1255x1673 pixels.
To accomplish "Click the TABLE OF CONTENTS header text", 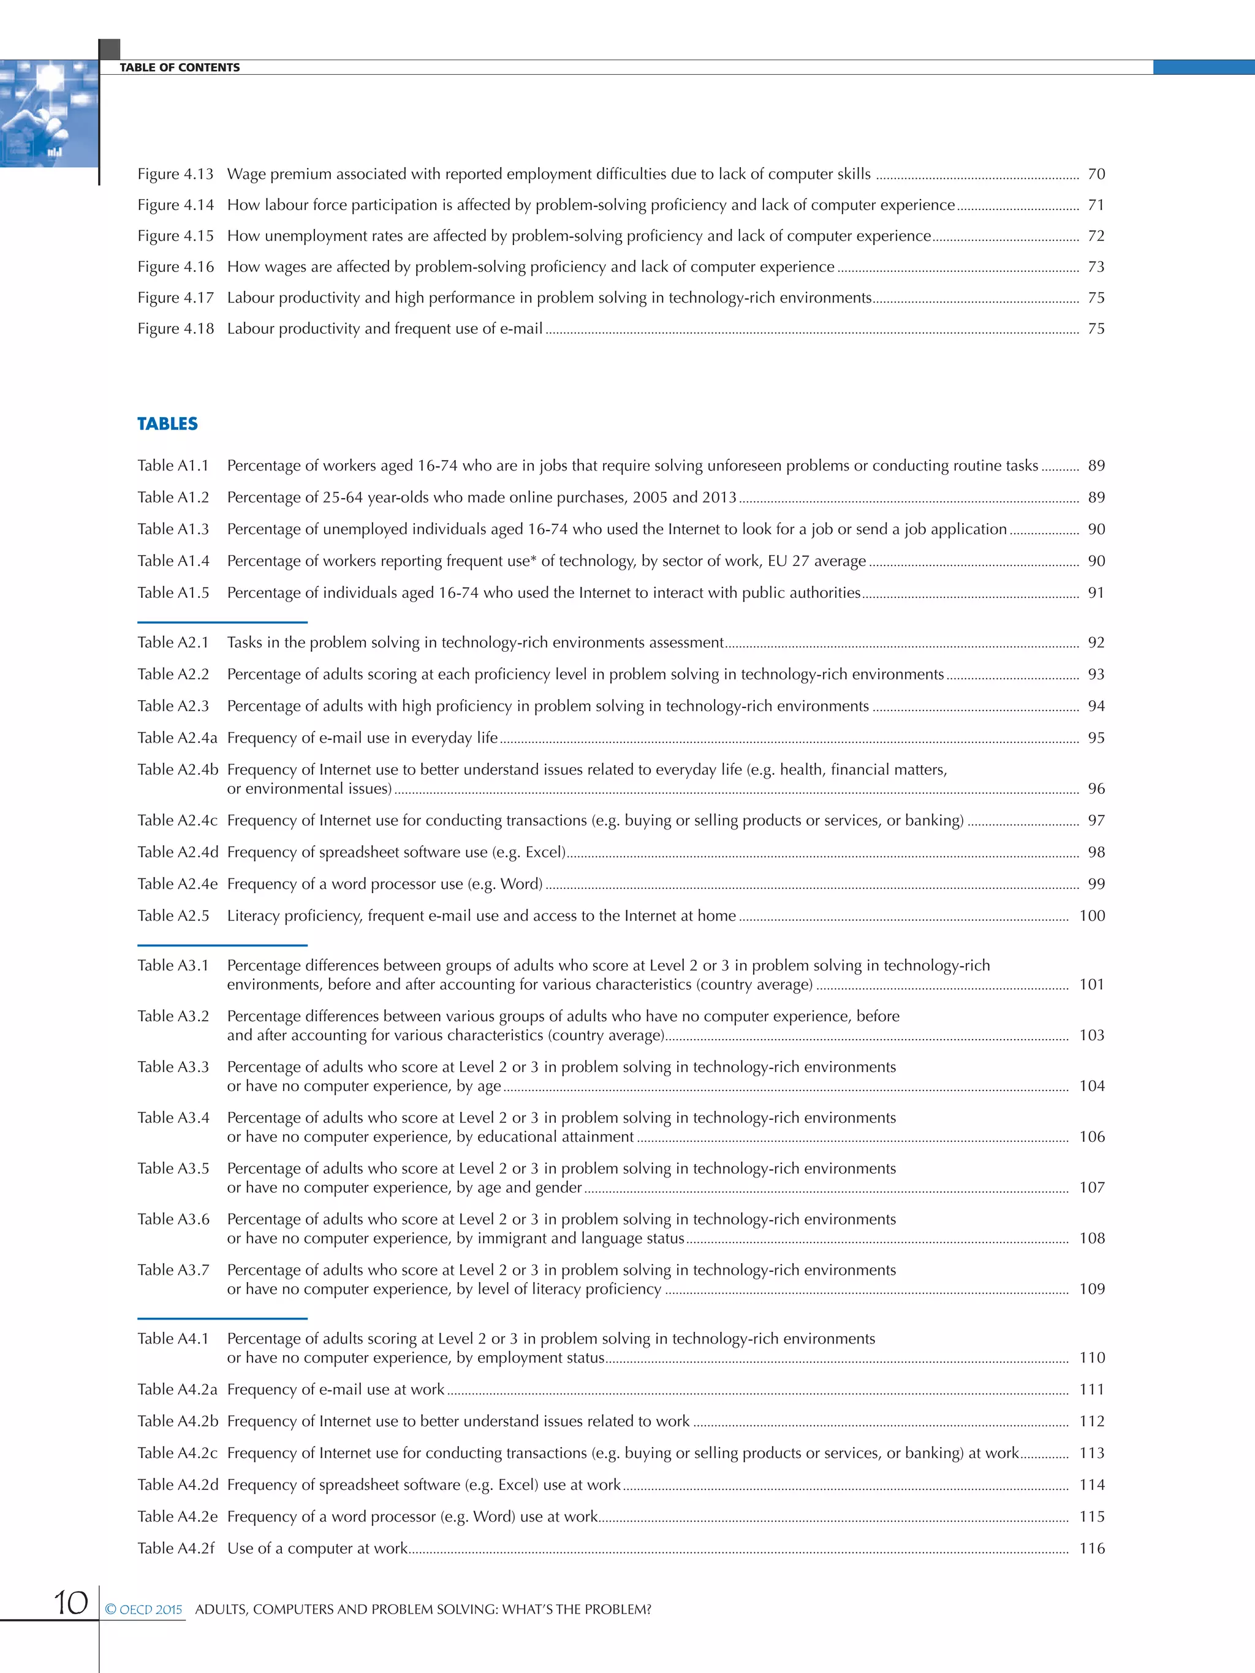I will point(180,67).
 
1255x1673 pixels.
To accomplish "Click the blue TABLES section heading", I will point(167,423).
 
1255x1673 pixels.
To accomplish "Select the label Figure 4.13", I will point(175,174).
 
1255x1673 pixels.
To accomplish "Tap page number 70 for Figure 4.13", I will point(1096,174).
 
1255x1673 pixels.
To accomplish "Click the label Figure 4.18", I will point(175,328).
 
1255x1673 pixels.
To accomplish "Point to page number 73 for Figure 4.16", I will point(1096,267).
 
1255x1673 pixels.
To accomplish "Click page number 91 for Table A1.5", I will point(1096,593).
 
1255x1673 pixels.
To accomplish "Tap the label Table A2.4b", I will point(178,770).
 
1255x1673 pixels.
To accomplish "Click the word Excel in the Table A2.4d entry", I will point(544,852).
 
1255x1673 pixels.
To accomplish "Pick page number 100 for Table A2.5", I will point(1091,916).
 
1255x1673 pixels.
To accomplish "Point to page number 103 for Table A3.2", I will point(1091,1035).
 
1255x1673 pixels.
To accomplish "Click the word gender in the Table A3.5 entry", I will point(558,1188).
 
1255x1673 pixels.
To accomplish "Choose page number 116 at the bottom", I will point(1091,1548).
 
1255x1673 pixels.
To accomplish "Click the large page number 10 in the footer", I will point(70,1603).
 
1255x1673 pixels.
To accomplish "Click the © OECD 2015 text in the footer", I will point(144,1609).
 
